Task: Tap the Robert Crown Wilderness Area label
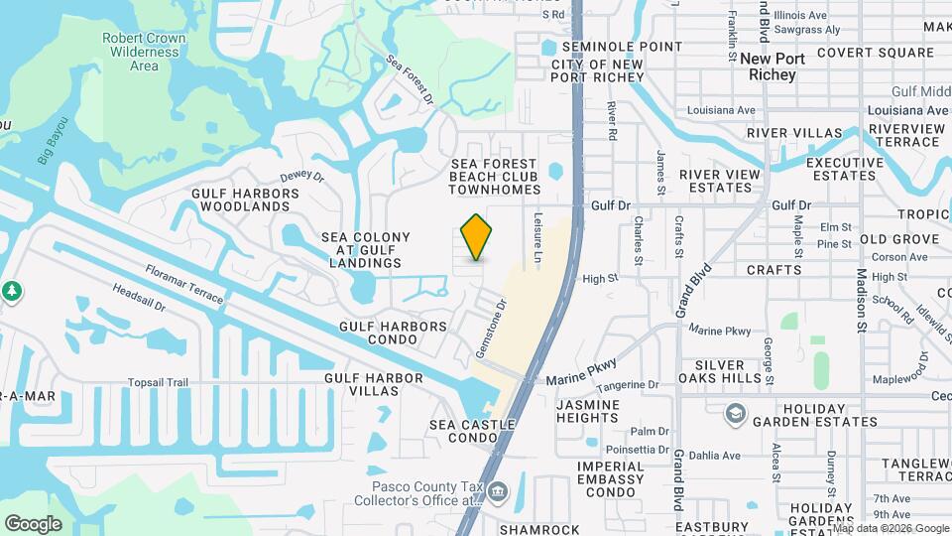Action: (144, 53)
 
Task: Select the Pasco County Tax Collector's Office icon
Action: (498, 490)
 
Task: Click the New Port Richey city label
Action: (773, 67)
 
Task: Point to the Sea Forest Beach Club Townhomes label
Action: (494, 177)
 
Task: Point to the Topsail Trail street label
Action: (158, 382)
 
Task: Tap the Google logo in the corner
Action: (33, 524)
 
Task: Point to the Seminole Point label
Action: (622, 47)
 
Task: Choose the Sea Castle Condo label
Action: (472, 432)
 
